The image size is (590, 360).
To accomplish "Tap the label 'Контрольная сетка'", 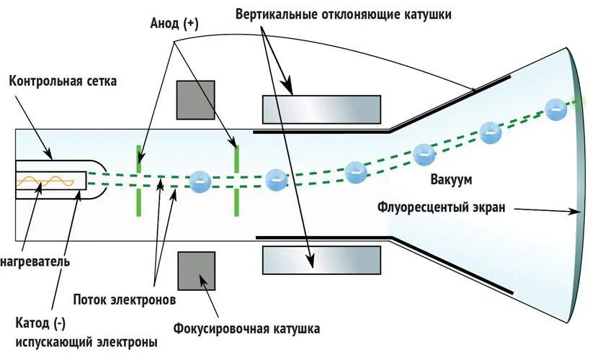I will point(63,81).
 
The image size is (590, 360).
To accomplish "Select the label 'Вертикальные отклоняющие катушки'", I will point(343,14).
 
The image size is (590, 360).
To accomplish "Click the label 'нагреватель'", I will point(35,261).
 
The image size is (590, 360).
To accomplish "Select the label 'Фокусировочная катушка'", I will point(246,330).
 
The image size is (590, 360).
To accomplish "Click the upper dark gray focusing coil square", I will point(196,99).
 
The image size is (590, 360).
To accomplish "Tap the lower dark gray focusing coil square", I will point(196,271).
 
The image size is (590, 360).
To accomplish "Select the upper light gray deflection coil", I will point(321,109).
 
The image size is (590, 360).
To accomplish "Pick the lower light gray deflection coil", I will point(321,258).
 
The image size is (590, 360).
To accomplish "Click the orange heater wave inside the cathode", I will point(46,182).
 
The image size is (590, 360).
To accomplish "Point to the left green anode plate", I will point(139,180).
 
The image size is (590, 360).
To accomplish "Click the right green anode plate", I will point(236,180).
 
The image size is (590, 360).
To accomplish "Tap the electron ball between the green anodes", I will point(198,181).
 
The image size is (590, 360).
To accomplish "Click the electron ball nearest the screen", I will point(555,109).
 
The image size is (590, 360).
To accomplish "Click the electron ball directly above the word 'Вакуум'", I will point(424,153).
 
